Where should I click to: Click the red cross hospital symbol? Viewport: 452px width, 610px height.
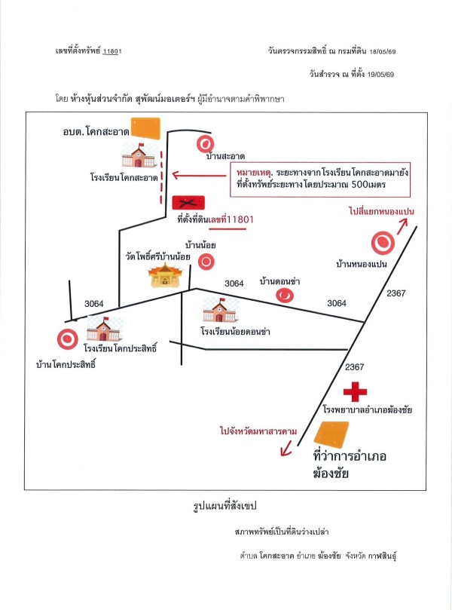tap(355, 392)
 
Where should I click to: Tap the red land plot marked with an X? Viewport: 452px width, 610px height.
tap(188, 203)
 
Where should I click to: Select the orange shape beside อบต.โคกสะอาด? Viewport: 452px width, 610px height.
tap(145, 128)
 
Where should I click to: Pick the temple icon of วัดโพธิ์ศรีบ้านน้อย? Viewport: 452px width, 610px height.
tap(165, 275)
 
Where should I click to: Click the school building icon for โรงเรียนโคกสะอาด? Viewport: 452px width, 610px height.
tap(139, 155)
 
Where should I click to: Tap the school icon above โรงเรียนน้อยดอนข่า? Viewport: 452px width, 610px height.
tap(220, 310)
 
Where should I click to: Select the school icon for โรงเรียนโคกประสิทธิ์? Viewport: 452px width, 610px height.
tap(103, 329)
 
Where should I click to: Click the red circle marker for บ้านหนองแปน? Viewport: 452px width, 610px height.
tap(383, 243)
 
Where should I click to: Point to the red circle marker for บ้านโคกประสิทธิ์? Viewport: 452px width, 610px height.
tap(68, 339)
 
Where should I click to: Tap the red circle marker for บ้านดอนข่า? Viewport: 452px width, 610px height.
tap(285, 296)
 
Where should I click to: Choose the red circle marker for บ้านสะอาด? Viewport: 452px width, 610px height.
tap(205, 144)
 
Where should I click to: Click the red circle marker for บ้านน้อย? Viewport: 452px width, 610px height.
tap(206, 262)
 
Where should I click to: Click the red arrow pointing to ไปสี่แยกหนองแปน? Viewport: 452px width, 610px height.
tap(402, 226)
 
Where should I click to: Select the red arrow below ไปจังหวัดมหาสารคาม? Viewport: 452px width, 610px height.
tap(286, 448)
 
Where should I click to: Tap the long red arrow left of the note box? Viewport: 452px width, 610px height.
tap(199, 176)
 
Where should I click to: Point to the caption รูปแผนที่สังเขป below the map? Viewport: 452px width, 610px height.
tap(225, 506)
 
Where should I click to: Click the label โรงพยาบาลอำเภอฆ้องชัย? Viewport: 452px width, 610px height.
tap(368, 409)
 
